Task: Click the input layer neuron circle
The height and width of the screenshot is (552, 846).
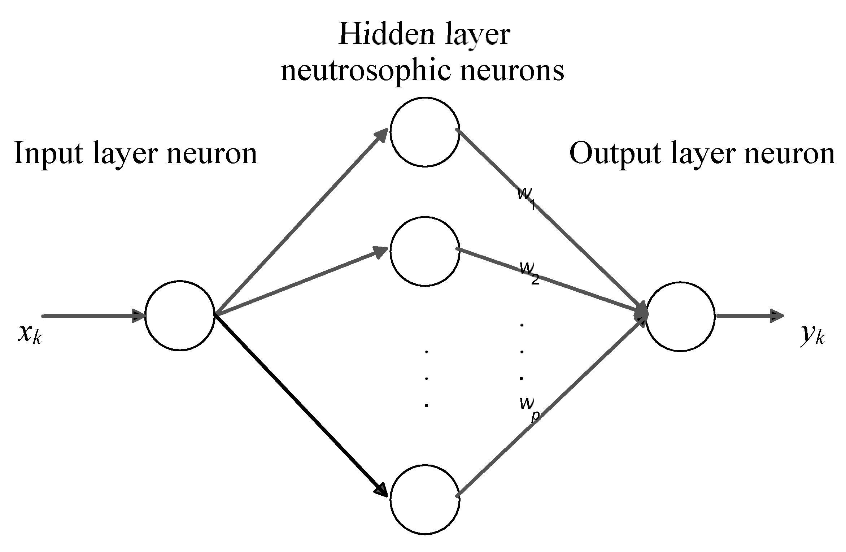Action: (x=180, y=315)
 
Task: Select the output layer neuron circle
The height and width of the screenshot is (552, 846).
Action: (x=680, y=316)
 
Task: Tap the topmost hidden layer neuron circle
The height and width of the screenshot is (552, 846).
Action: (x=425, y=132)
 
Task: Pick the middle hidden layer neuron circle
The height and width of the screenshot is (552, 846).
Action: (x=425, y=252)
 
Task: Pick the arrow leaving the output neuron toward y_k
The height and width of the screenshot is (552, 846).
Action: (x=749, y=316)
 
